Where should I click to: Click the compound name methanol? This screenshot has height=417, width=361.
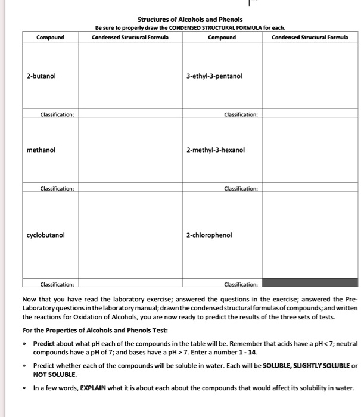pos(41,150)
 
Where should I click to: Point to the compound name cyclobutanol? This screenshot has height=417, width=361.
pos(46,235)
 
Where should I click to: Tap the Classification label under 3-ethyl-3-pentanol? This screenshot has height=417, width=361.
pos(241,114)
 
